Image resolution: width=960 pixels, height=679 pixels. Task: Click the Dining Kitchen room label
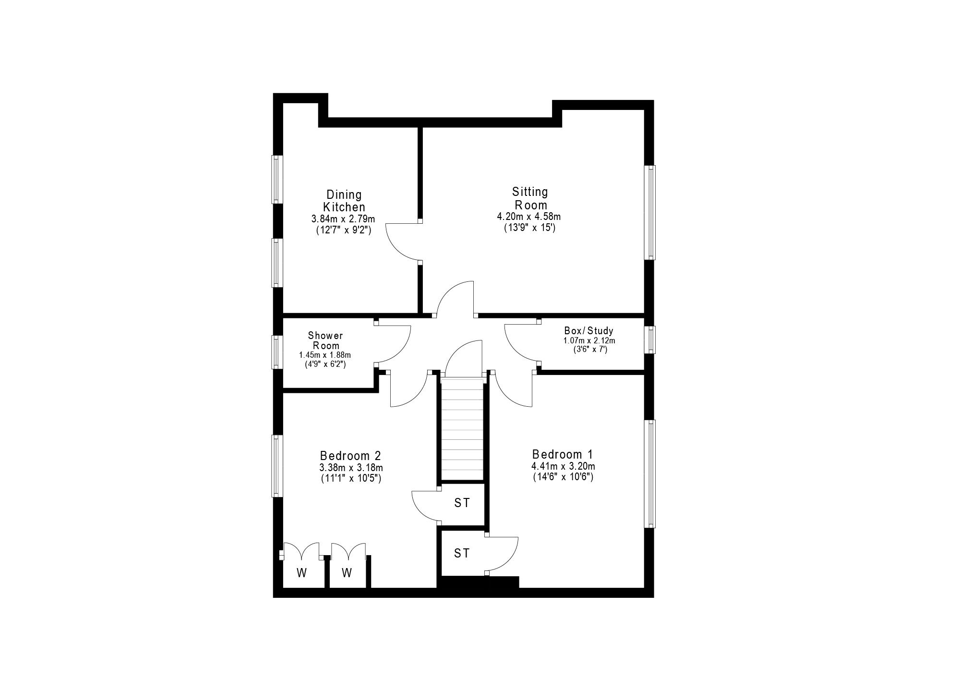(344, 201)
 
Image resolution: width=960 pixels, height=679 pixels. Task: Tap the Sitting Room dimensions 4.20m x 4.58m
(529, 217)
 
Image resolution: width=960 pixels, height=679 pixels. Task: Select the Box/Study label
(588, 331)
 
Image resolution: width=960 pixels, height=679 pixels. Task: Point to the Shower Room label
(325, 340)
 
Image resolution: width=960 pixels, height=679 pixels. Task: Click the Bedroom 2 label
(350, 455)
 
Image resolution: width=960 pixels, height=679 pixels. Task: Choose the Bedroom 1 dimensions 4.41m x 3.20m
(563, 466)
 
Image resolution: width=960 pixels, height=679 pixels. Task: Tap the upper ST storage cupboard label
(462, 503)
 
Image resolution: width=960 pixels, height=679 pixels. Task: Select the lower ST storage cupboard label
(462, 553)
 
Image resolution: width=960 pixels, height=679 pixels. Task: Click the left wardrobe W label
(301, 572)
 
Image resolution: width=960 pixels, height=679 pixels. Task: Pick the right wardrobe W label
(347, 572)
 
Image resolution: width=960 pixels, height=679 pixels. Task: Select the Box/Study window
(649, 340)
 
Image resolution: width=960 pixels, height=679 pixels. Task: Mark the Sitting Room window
(649, 212)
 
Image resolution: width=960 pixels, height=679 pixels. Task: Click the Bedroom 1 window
(649, 474)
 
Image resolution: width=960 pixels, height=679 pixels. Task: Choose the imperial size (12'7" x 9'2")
(344, 230)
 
